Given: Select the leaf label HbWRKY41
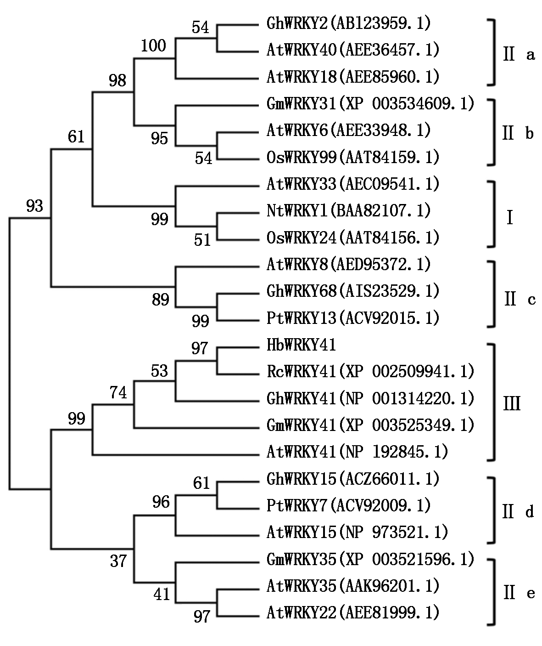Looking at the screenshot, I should (301, 345).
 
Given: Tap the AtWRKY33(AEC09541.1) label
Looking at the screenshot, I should (353, 184).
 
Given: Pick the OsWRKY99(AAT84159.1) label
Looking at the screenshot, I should (353, 158).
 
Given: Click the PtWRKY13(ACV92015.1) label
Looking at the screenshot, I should (353, 318).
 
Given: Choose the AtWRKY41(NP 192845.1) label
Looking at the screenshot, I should (357, 452).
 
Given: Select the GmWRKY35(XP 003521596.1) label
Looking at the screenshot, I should (370, 559).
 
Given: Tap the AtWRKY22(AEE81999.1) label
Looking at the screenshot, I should (353, 612).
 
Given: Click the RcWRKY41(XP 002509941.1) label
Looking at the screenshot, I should (370, 371).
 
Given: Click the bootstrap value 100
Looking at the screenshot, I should (153, 46).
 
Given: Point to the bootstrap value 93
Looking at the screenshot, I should (34, 206).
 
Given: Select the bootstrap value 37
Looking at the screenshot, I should (118, 561).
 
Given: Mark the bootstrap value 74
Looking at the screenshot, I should (118, 393).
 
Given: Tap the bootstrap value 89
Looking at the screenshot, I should (160, 300).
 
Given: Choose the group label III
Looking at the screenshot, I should (512, 404).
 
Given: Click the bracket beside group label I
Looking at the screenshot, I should (494, 214).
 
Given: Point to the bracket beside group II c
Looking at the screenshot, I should (494, 294).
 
